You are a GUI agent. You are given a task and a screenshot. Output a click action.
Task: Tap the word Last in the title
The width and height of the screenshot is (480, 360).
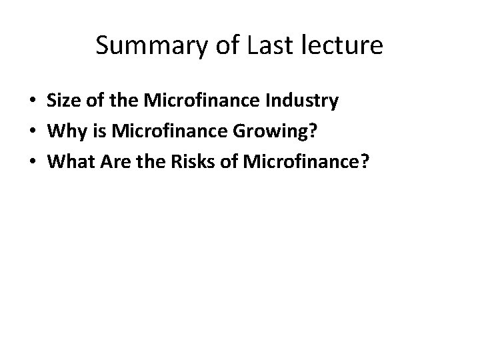pyautogui.click(x=265, y=46)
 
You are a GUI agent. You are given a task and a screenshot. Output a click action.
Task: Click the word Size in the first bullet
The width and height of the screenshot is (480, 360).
pyautogui.click(x=62, y=101)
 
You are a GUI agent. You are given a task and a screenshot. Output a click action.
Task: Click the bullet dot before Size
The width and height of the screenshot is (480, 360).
pyautogui.click(x=32, y=102)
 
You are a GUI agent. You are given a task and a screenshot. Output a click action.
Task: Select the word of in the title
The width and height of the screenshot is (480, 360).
pyautogui.click(x=223, y=46)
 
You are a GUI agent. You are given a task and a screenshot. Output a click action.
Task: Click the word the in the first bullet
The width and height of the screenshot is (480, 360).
pyautogui.click(x=118, y=101)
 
